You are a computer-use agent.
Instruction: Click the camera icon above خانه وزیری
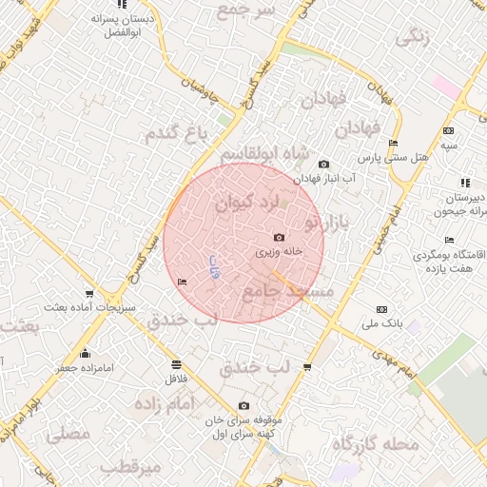tap(278, 237)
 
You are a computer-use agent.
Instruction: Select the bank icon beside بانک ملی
tap(382, 309)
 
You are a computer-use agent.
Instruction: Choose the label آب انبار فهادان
tap(323, 178)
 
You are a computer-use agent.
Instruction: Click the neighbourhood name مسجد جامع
tap(284, 294)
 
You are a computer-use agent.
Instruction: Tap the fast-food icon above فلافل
tap(176, 363)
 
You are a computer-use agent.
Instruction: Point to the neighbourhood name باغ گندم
tap(175, 134)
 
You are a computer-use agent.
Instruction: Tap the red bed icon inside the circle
tap(182, 282)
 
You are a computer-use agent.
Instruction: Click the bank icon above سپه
tap(448, 130)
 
